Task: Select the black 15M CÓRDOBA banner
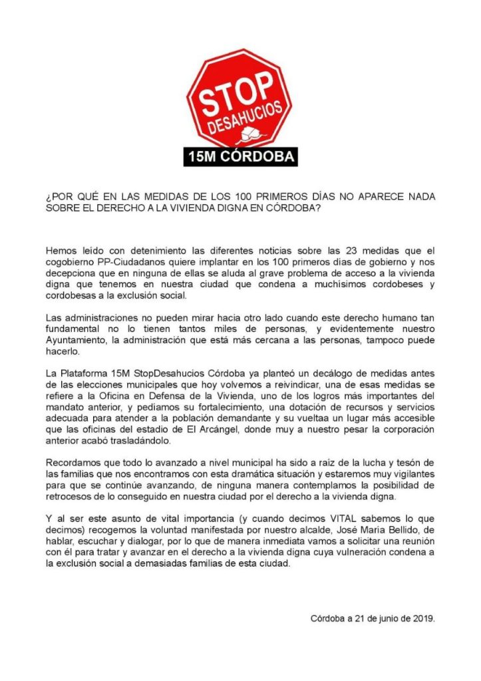coord(240,157)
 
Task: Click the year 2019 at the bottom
coord(423,618)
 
